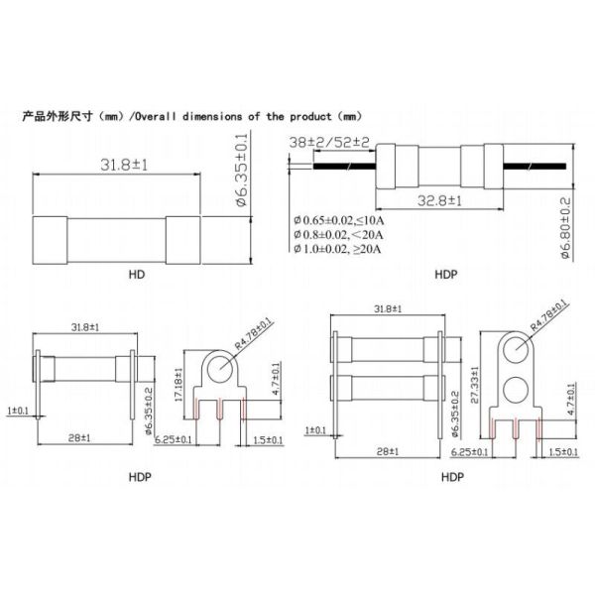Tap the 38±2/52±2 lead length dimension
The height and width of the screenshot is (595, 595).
coord(329,143)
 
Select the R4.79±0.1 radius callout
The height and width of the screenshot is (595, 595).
coord(548,318)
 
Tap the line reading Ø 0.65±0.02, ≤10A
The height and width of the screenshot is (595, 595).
coord(341,218)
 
